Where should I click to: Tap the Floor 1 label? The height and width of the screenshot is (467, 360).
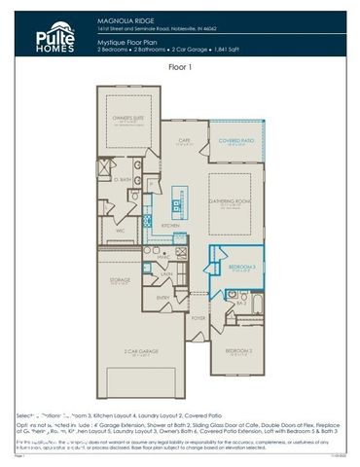tap(180, 67)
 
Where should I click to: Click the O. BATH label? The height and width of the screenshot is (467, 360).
tap(123, 180)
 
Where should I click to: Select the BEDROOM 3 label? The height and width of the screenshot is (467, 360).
tap(241, 266)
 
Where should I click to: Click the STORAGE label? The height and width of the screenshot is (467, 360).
tap(121, 279)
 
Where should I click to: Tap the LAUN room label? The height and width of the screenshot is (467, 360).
tap(167, 275)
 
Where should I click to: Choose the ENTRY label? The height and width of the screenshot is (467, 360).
tap(164, 298)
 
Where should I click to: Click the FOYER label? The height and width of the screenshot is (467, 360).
tap(198, 317)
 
